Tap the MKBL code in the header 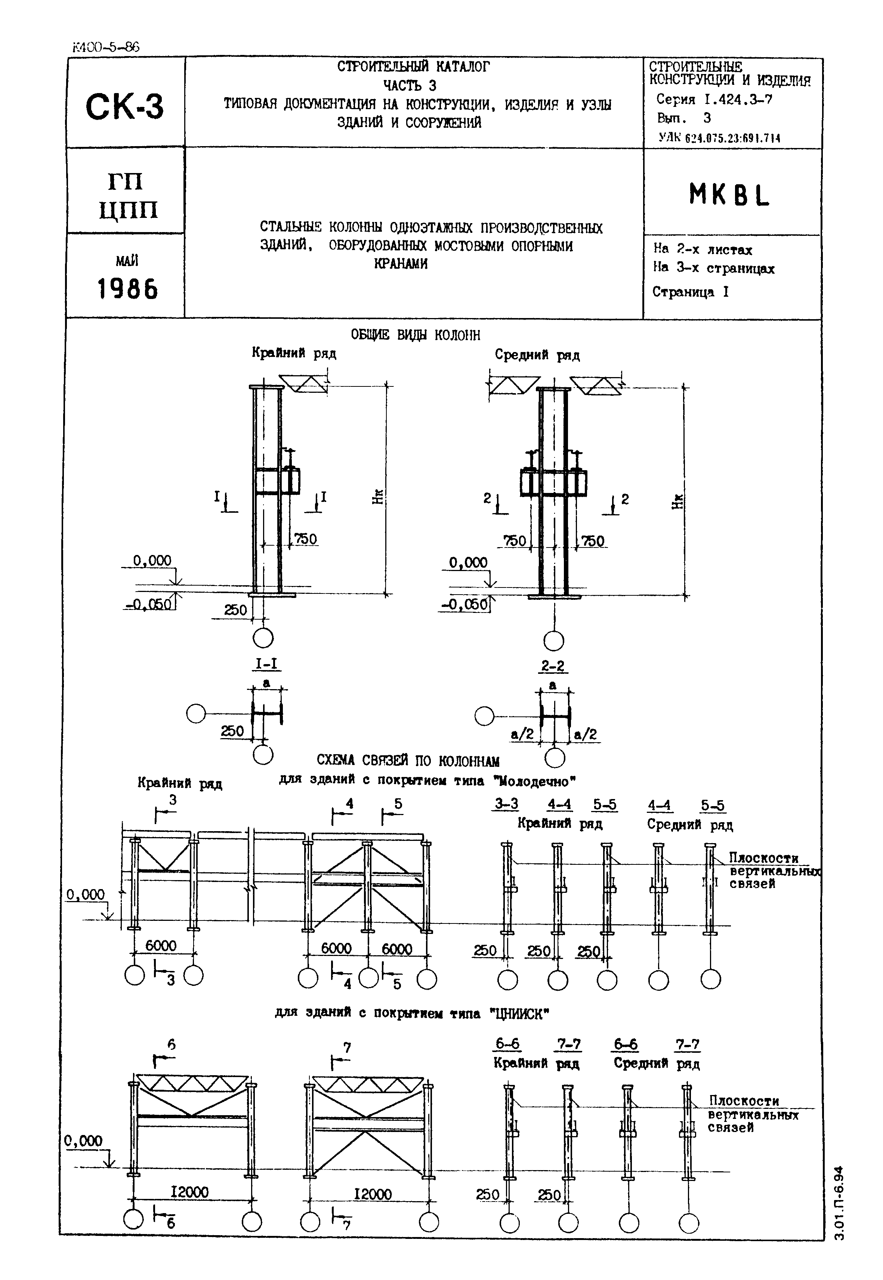tap(729, 195)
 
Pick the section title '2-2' tap(553, 666)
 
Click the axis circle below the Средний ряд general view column tap(554, 641)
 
